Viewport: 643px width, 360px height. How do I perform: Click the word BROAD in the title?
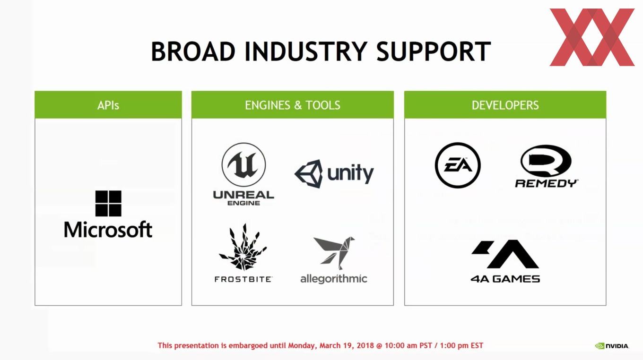[193, 51]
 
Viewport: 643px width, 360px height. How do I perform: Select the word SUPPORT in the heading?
[434, 51]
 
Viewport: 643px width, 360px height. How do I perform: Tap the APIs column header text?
[108, 105]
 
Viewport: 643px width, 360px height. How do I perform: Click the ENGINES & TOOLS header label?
[293, 105]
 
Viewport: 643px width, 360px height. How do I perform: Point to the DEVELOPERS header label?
[505, 105]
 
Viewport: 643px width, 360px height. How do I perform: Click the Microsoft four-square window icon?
[108, 203]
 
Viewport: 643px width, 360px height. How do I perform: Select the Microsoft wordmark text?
[108, 230]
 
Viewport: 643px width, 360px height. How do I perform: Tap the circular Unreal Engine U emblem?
[243, 165]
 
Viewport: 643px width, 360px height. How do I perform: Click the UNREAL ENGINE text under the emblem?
[243, 198]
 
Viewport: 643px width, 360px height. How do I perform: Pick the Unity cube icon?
[309, 174]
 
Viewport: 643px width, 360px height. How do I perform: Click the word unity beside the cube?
[350, 174]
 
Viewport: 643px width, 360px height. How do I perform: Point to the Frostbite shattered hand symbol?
[243, 247]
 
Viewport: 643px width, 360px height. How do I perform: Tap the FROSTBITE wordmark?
[243, 279]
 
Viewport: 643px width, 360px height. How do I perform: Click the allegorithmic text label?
[334, 279]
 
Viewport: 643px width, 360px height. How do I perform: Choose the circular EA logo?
[458, 165]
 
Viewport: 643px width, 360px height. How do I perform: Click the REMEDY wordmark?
[547, 183]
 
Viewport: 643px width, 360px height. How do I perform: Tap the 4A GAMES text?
[505, 279]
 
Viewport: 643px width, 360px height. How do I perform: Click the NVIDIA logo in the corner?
[612, 346]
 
